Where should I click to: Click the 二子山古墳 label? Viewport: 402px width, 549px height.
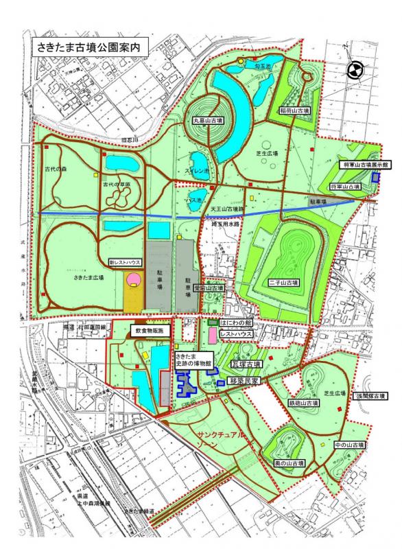283,283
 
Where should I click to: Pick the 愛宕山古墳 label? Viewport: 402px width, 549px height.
209,289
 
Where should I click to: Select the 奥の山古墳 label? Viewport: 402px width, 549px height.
290,465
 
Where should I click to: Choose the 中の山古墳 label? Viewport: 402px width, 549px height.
349,445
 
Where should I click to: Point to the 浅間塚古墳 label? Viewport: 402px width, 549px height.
370,396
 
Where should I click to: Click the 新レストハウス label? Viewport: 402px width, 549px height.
125,262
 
